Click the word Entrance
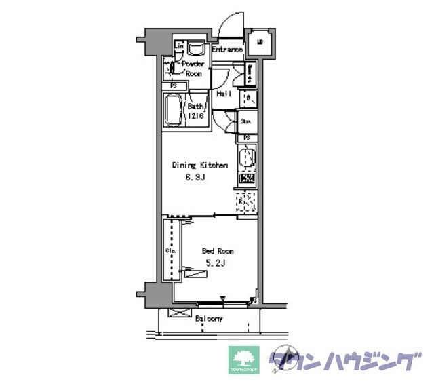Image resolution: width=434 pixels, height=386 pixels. click(227, 50)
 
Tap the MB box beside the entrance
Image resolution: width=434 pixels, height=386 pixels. click(260, 43)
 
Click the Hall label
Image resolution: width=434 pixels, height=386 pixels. click(224, 94)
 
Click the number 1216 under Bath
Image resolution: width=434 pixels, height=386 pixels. click(195, 116)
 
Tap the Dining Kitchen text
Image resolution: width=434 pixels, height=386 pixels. click(199, 166)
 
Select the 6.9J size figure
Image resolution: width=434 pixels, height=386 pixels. click(196, 178)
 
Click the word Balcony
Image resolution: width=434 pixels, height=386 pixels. click(208, 318)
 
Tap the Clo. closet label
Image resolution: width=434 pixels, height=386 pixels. click(170, 251)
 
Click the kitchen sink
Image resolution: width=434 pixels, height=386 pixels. click(248, 158)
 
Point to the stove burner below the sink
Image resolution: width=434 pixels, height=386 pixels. click(248, 180)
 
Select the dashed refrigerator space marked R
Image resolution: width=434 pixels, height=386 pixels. click(246, 201)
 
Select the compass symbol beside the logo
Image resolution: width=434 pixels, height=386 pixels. click(283, 360)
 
